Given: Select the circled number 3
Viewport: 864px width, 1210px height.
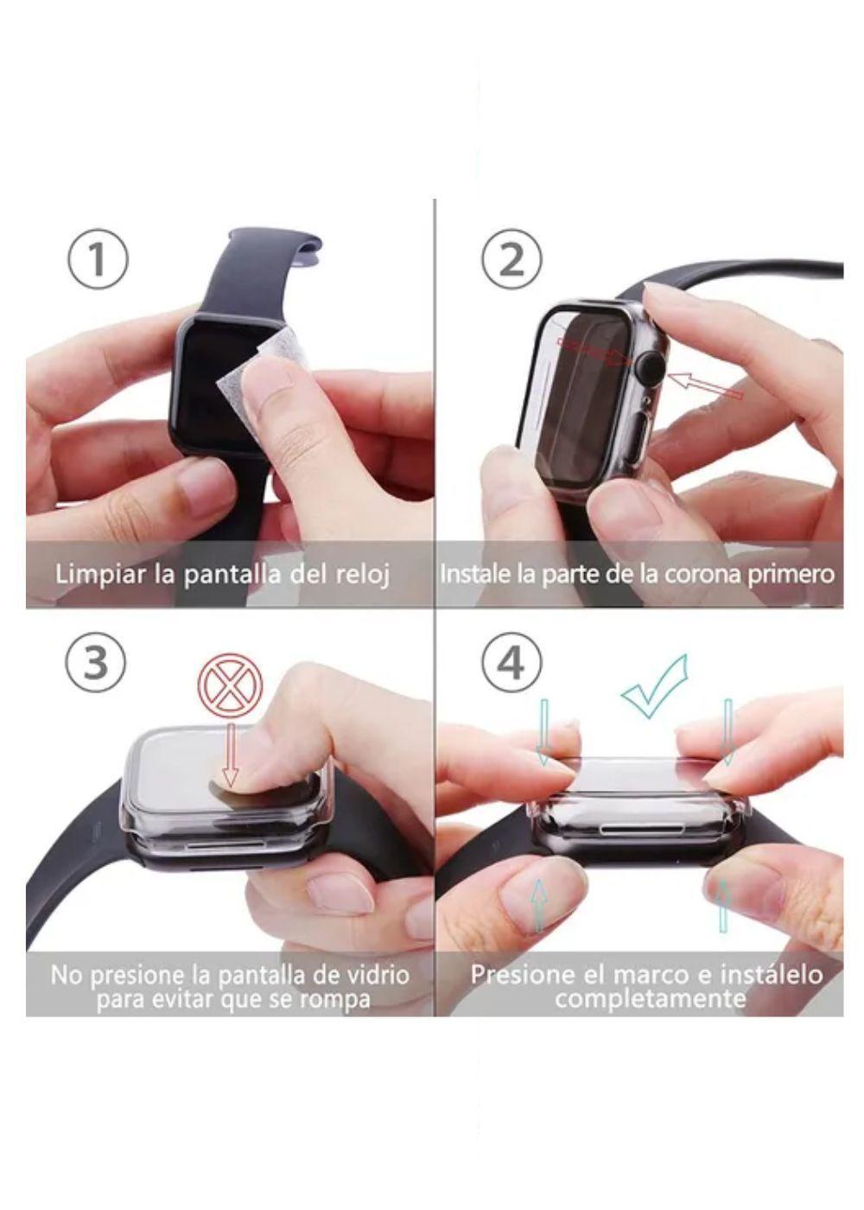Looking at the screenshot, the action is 96,663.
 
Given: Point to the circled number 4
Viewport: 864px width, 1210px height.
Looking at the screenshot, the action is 511,663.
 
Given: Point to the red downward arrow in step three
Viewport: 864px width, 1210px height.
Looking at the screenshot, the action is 231,753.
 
